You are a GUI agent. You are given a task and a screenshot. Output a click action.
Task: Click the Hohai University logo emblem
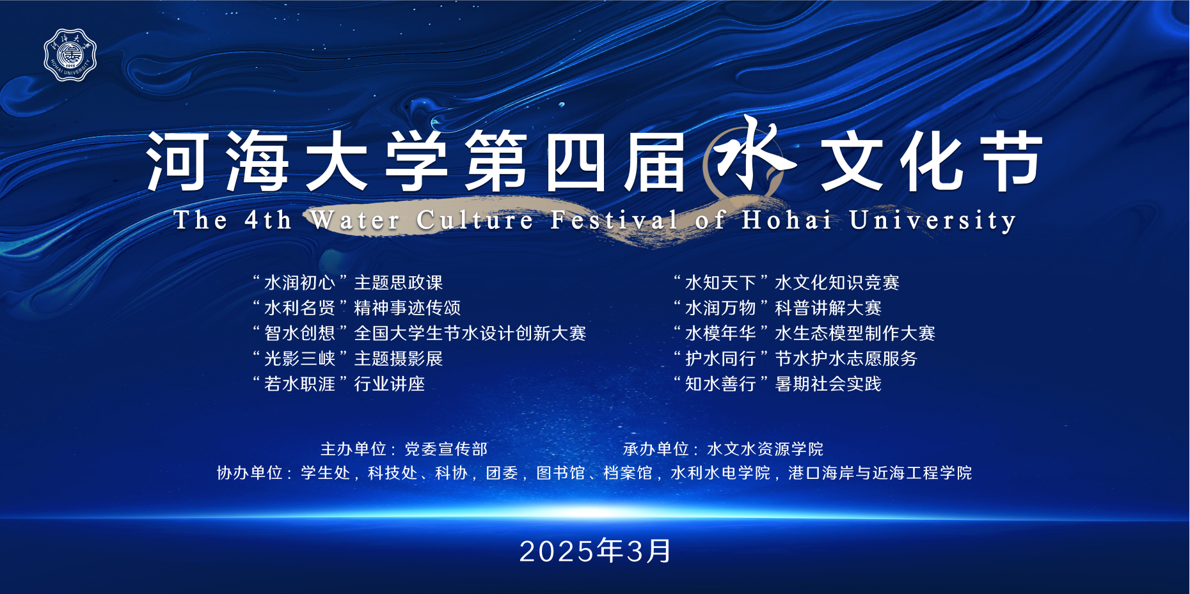pos(70,55)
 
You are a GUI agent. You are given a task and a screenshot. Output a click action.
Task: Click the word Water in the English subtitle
pos(356,220)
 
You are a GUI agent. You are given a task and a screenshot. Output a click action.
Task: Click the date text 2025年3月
pos(595,551)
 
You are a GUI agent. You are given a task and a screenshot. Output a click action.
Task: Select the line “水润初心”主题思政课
pos(347,283)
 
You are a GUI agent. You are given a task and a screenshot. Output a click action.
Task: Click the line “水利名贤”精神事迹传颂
pos(356,308)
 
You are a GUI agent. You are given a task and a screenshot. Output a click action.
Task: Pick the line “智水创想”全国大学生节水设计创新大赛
pos(419,333)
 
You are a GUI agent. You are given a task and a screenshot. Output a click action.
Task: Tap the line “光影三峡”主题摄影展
pos(347,359)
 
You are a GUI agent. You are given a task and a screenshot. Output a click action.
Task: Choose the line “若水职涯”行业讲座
pos(338,384)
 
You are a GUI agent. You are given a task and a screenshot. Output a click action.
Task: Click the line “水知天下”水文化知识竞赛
pos(786,283)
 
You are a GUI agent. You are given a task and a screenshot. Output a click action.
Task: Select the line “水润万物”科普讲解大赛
pos(777,308)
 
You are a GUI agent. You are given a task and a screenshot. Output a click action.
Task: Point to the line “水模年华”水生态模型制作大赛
pos(804,333)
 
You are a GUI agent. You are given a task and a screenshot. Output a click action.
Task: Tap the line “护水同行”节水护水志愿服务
pos(795,359)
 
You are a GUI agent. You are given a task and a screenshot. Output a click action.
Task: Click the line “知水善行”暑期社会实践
pos(777,384)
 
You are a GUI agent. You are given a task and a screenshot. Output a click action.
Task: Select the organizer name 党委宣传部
pos(446,449)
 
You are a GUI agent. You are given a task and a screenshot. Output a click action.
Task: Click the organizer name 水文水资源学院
pos(765,449)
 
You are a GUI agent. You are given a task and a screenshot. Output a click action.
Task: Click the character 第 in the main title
pos(496,161)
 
